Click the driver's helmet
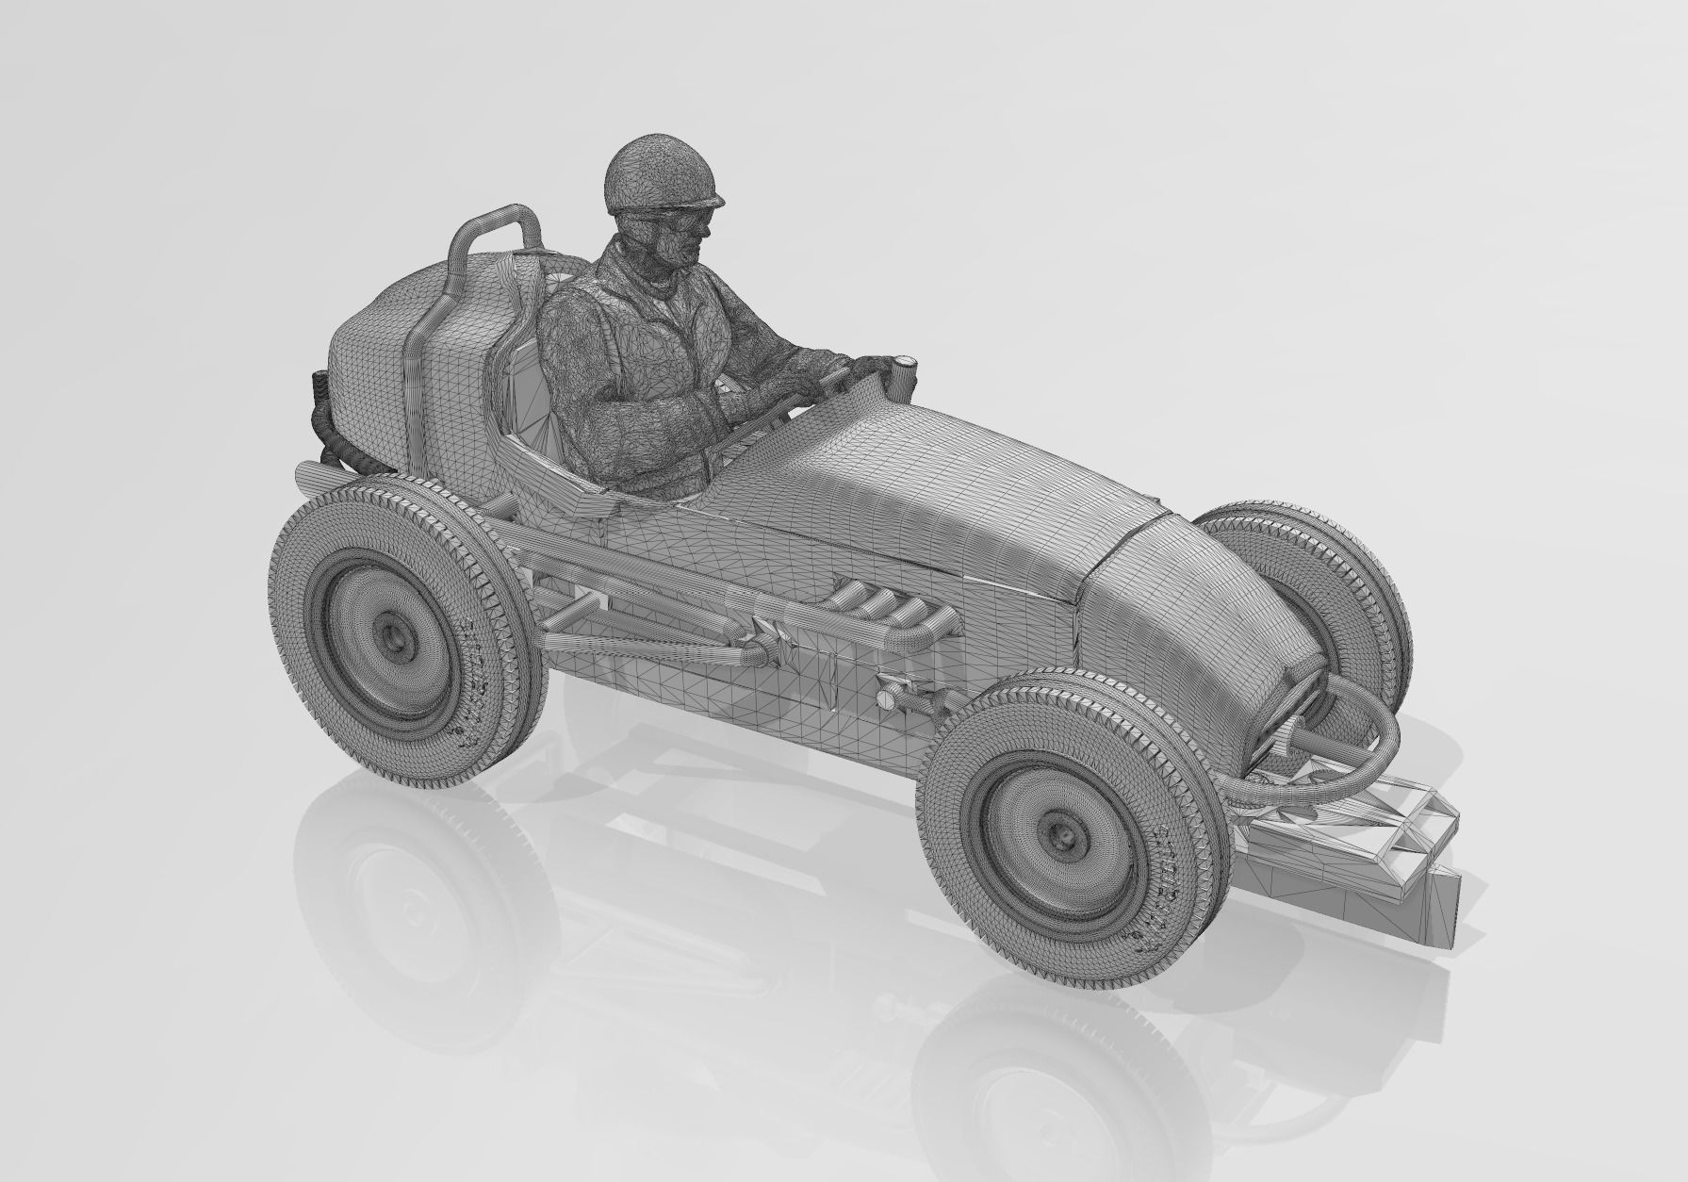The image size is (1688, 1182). [x=660, y=175]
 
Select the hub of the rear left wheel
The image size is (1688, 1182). [x=393, y=638]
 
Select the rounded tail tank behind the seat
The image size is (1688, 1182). [x=396, y=320]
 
